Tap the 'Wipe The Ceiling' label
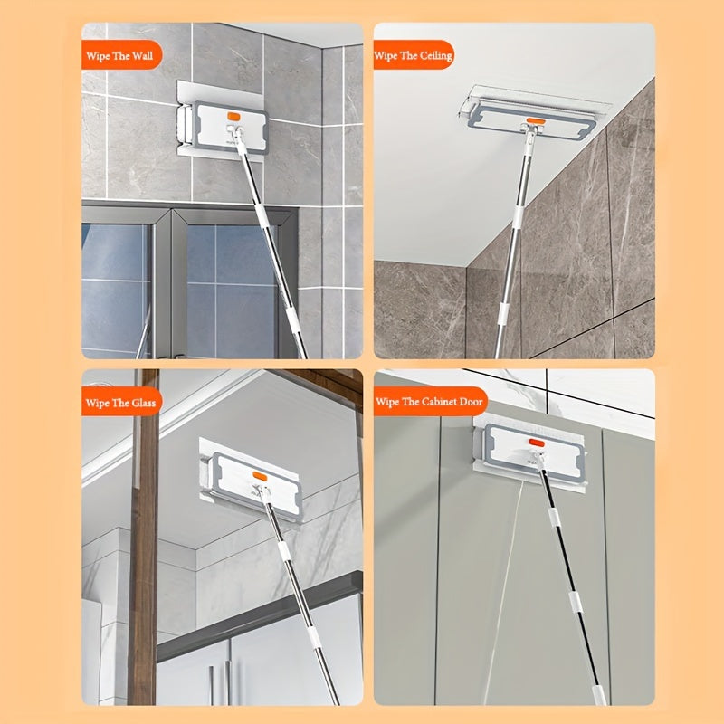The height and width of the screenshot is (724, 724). point(414,55)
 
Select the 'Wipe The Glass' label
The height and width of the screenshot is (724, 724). point(120,403)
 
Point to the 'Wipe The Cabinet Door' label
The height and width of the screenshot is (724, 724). point(429,401)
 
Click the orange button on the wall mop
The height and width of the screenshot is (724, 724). point(233,117)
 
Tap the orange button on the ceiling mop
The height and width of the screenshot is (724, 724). point(536,121)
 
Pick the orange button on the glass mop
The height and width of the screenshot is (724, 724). point(260,476)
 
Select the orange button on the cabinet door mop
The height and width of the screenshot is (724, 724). point(537,443)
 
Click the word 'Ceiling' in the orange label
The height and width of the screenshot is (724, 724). point(436,56)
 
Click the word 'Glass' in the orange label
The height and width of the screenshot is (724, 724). point(144,403)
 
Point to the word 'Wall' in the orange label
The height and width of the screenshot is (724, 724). point(143,56)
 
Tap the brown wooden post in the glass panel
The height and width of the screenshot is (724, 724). point(144,537)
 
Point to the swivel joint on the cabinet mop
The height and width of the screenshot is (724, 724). point(538,459)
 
